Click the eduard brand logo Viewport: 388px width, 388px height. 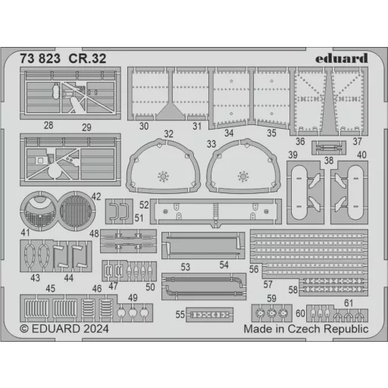(342, 58)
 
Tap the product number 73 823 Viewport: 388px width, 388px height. (40, 58)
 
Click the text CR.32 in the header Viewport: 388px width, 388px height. (87, 58)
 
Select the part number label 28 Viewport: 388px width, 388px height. (48, 125)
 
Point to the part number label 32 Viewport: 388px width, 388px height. (168, 134)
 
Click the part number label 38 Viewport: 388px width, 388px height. (329, 160)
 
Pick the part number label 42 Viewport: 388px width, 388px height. (96, 196)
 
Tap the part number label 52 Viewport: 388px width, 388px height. (144, 205)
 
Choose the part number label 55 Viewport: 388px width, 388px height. (180, 314)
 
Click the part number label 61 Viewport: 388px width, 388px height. (349, 303)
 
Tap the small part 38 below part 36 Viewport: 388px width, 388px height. (329, 148)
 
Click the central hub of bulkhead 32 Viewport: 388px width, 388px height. (163, 176)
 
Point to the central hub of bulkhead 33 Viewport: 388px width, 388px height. (243, 176)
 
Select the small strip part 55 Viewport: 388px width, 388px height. (209, 314)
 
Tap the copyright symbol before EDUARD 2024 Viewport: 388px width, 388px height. (24, 329)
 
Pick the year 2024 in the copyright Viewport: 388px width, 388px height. (96, 329)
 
